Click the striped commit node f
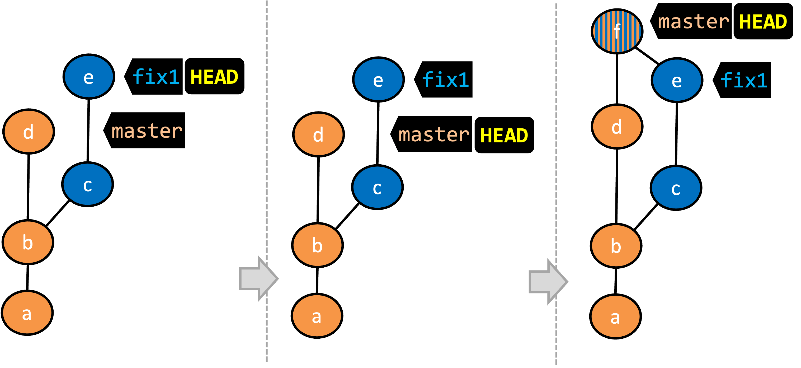point(617,31)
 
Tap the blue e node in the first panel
point(89,77)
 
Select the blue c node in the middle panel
point(377,187)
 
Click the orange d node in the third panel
point(617,126)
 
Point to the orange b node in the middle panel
point(317,245)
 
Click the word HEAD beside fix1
point(214,77)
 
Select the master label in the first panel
point(147,131)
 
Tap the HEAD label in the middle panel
point(504,136)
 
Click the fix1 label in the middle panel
point(445,80)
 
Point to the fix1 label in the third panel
point(744,80)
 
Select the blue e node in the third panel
point(677,80)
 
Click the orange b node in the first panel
point(28,242)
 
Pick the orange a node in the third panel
point(615,316)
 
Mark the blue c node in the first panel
point(87,184)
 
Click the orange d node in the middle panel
point(318,134)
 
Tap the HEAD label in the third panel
point(763,22)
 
